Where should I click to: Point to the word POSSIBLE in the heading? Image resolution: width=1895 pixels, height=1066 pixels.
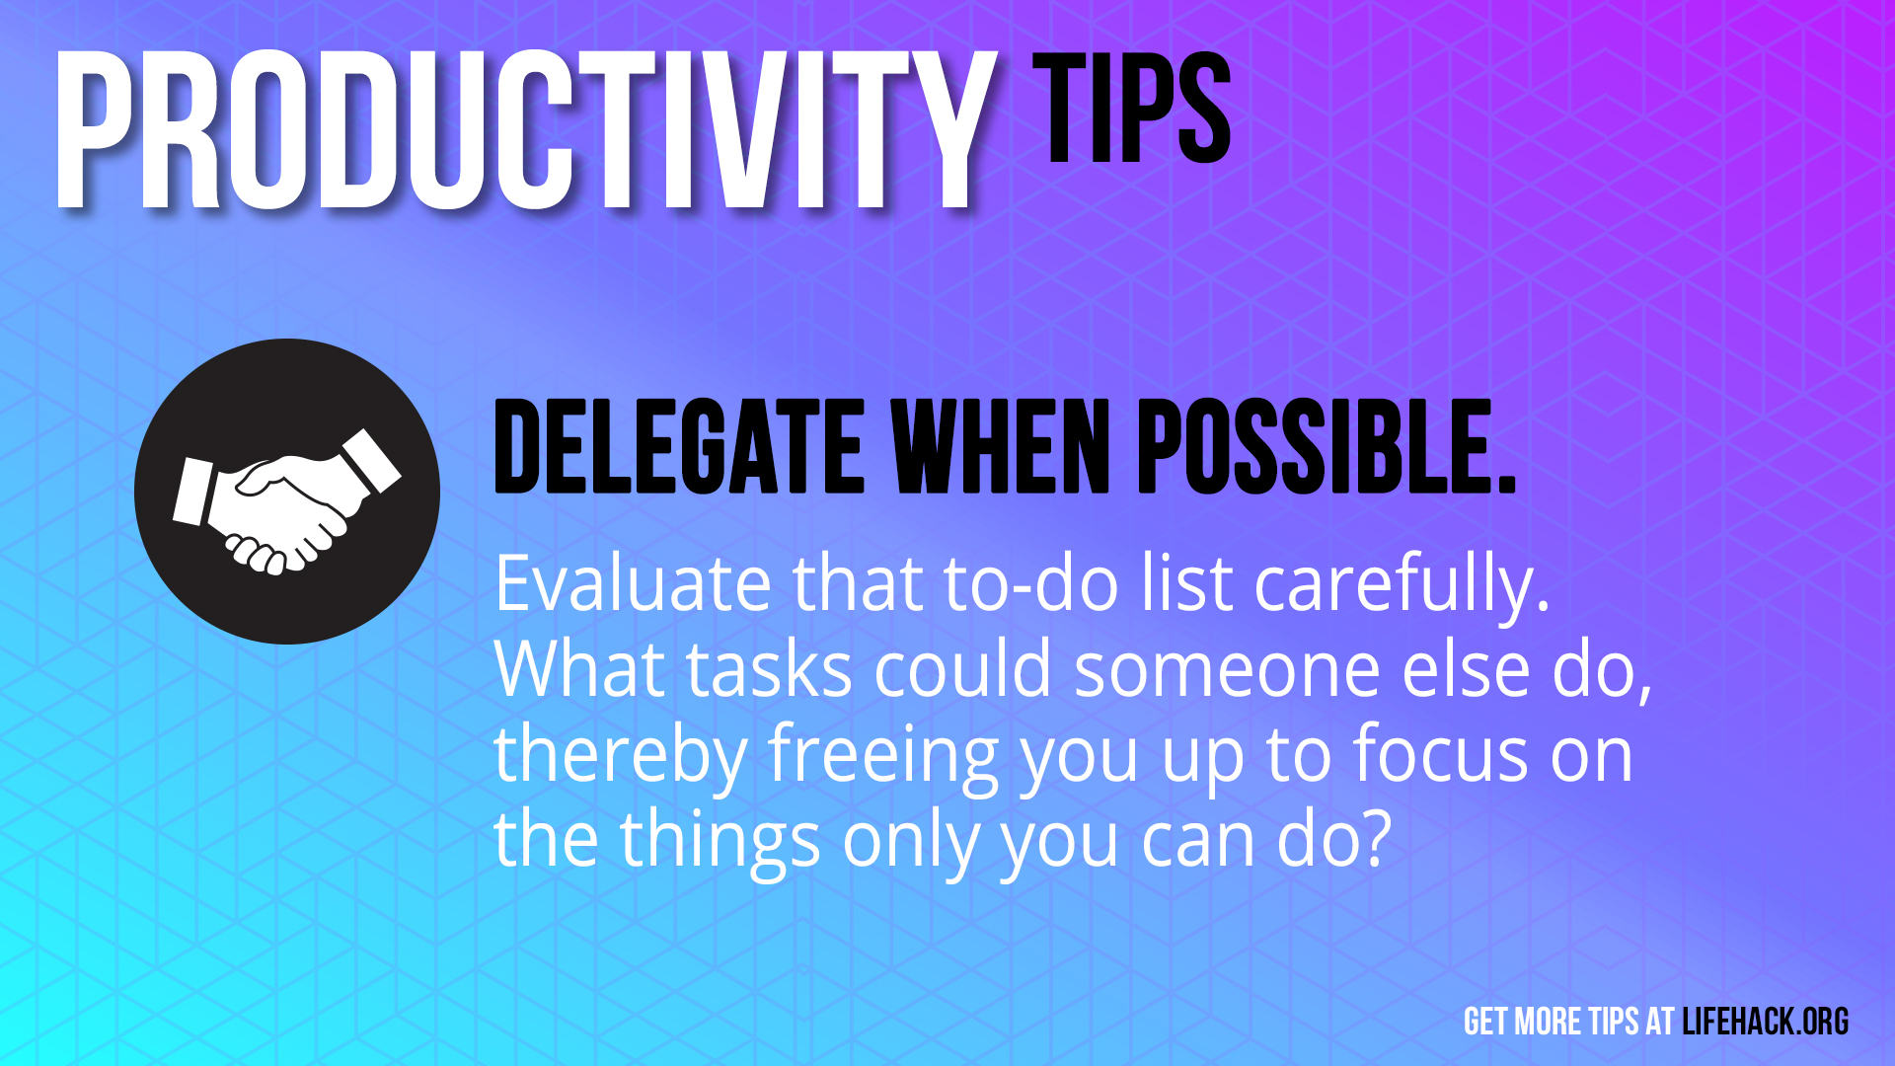click(1327, 446)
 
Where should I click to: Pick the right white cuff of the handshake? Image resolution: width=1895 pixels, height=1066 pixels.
click(371, 460)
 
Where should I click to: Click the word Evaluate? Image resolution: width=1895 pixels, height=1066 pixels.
click(633, 584)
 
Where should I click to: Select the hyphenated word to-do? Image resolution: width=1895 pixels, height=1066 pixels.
click(1031, 584)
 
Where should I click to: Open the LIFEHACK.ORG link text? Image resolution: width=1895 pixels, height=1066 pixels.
click(1766, 1022)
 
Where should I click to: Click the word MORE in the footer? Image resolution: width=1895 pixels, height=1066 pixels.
click(1547, 1022)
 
